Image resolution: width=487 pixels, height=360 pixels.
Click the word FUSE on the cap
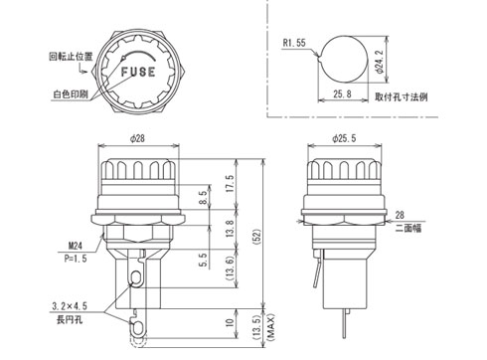pos(138,72)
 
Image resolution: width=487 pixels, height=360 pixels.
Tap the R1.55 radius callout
pos(294,43)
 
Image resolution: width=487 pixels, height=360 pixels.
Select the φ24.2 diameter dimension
pos(380,62)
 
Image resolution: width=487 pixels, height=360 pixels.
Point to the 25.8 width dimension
pos(342,93)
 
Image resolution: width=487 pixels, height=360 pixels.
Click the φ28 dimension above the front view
pos(137,138)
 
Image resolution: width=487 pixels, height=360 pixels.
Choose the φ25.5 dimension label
pos(344,138)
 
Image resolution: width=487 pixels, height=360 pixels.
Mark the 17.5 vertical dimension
pos(230,183)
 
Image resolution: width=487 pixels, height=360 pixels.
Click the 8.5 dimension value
pos(203,197)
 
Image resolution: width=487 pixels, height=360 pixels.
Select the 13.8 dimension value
pos(230,229)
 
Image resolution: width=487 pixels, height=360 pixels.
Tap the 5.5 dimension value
pos(203,260)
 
